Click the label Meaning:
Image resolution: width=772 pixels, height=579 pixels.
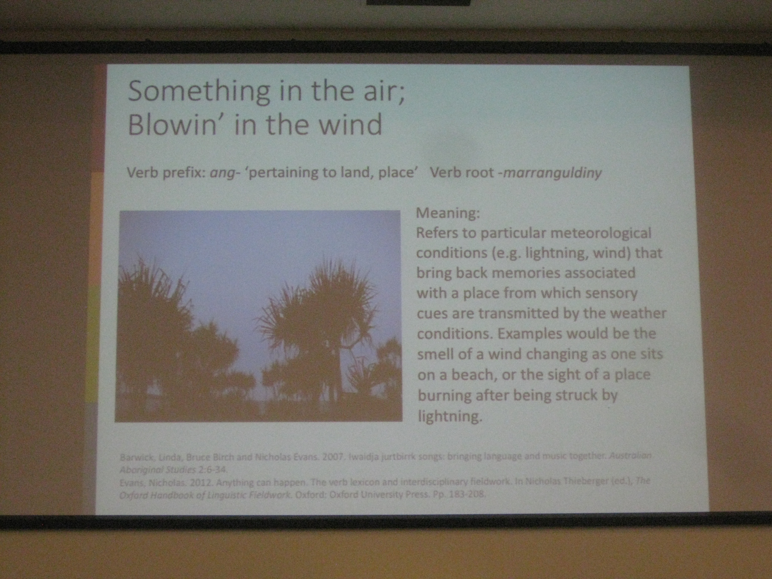pos(448,213)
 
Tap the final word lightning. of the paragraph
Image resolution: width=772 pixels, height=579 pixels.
pos(450,416)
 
